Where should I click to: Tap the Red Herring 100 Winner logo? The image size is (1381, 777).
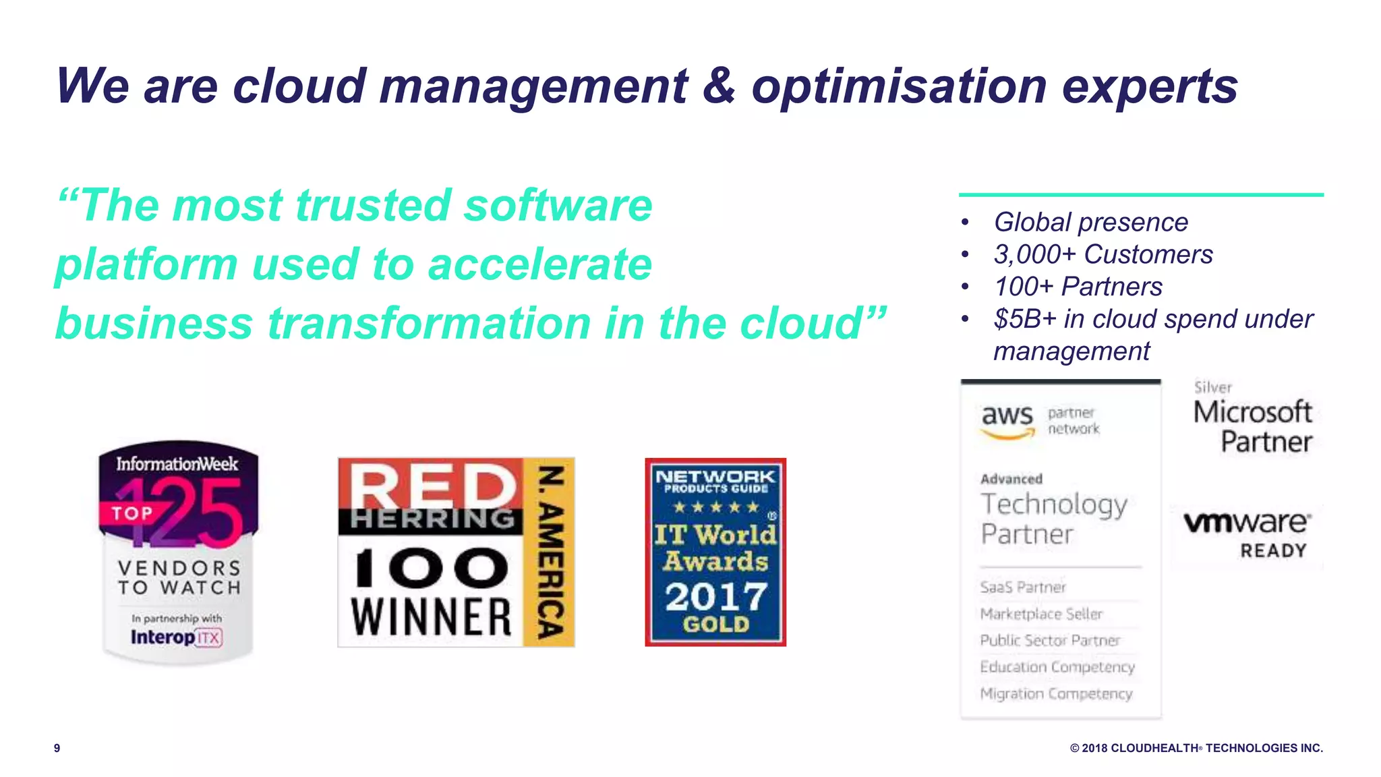pyautogui.click(x=456, y=552)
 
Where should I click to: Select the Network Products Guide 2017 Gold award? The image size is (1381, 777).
pyautogui.click(x=715, y=552)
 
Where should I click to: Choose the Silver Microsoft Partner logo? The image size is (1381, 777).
pyautogui.click(x=1253, y=418)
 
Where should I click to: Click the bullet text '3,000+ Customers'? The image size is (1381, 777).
pyautogui.click(x=1103, y=254)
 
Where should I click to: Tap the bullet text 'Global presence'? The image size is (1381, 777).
pyautogui.click(x=1090, y=222)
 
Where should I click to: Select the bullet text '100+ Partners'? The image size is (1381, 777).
pyautogui.click(x=1078, y=287)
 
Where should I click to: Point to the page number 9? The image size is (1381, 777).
pyautogui.click(x=57, y=748)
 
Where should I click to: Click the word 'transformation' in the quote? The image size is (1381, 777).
pyautogui.click(x=430, y=323)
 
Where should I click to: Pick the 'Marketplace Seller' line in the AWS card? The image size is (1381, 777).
pyautogui.click(x=1041, y=614)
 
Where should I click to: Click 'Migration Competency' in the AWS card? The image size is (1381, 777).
pyautogui.click(x=1056, y=693)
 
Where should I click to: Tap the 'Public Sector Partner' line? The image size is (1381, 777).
pyautogui.click(x=1050, y=640)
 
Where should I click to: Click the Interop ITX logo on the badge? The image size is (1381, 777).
pyautogui.click(x=176, y=637)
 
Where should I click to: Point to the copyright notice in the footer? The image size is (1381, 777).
pyautogui.click(x=1196, y=748)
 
